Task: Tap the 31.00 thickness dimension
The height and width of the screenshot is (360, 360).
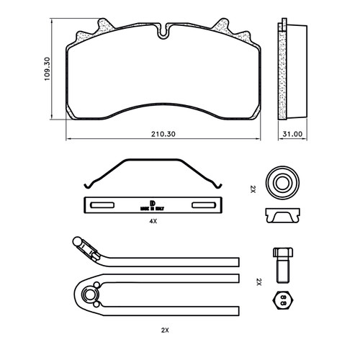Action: click(292, 134)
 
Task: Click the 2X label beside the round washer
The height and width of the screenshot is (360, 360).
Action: click(253, 189)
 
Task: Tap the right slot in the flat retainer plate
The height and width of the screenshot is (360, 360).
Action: click(204, 206)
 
